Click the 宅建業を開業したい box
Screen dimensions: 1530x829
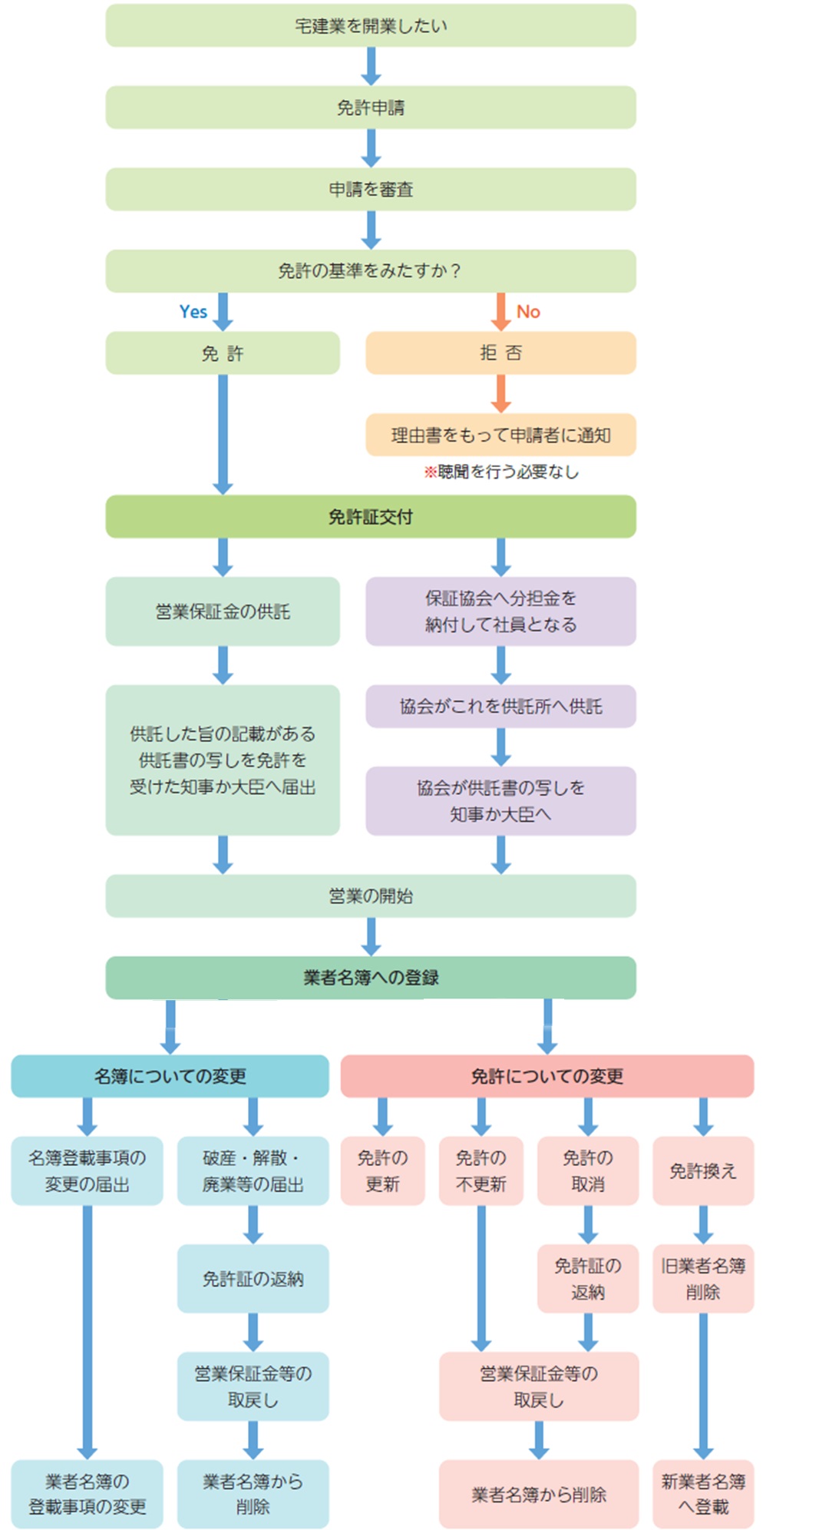pyautogui.click(x=371, y=25)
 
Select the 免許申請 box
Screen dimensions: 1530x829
pyautogui.click(x=371, y=108)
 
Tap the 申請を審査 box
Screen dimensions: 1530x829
pyautogui.click(x=371, y=189)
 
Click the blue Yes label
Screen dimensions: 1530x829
pyautogui.click(x=193, y=312)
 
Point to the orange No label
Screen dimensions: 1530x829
pyautogui.click(x=528, y=312)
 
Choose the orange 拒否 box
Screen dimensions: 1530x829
pyautogui.click(x=500, y=353)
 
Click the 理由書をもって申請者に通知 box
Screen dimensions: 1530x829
pyautogui.click(x=500, y=435)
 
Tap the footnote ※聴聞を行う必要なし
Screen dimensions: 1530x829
pyautogui.click(x=501, y=472)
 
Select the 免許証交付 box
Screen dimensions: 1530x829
pyautogui.click(x=371, y=516)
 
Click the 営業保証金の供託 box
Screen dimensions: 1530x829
pyautogui.click(x=223, y=611)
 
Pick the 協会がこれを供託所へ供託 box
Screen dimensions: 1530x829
pyautogui.click(x=500, y=706)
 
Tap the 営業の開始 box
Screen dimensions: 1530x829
pyautogui.click(x=371, y=896)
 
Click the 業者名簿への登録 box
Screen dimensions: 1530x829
pyautogui.click(x=371, y=977)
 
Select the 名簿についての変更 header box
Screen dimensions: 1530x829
pyautogui.click(x=170, y=1076)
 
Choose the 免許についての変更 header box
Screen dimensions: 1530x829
pyautogui.click(x=547, y=1076)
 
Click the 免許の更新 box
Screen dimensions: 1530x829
pyautogui.click(x=382, y=1171)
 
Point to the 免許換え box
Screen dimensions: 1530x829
pyautogui.click(x=703, y=1171)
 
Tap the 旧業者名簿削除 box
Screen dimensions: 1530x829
pyautogui.click(x=703, y=1279)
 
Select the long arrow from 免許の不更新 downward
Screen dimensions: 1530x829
pyautogui.click(x=481, y=1278)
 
